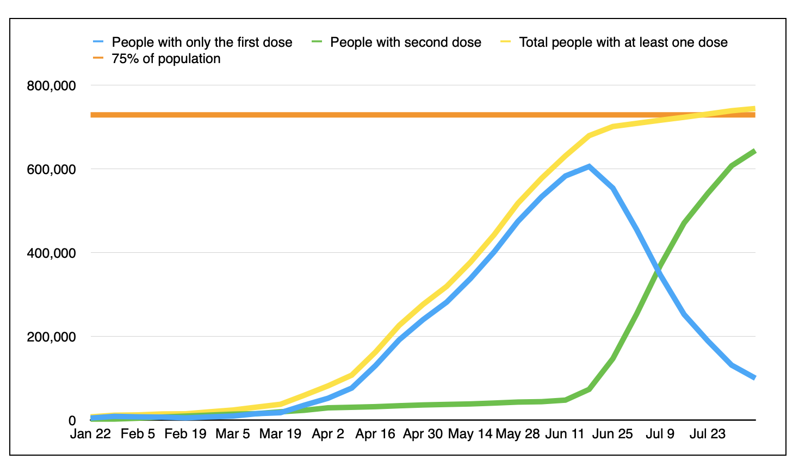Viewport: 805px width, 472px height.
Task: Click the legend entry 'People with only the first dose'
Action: pyautogui.click(x=202, y=42)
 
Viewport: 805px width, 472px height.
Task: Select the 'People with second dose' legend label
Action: pyautogui.click(x=405, y=42)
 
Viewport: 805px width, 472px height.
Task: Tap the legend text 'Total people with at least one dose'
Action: pyautogui.click(x=623, y=42)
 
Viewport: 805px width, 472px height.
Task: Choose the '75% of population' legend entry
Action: pyautogui.click(x=166, y=59)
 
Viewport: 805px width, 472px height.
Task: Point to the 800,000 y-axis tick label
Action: pyautogui.click(x=51, y=86)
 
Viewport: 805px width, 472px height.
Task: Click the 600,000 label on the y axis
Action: pyautogui.click(x=51, y=170)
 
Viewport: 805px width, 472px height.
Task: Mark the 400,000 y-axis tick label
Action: pyautogui.click(x=51, y=253)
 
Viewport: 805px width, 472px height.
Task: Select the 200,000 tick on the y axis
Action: pyautogui.click(x=51, y=337)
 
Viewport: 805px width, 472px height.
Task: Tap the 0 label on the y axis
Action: pyautogui.click(x=72, y=421)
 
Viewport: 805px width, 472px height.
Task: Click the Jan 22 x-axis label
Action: pyautogui.click(x=90, y=434)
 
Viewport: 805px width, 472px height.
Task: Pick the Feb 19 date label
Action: pyautogui.click(x=185, y=434)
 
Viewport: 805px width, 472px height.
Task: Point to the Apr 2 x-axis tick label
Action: pyautogui.click(x=328, y=434)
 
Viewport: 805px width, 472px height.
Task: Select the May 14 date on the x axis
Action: pyautogui.click(x=470, y=434)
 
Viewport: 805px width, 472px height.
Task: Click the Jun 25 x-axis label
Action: pyautogui.click(x=612, y=434)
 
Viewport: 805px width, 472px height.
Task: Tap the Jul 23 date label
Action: pyautogui.click(x=708, y=434)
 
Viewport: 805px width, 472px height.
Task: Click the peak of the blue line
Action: pyautogui.click(x=589, y=166)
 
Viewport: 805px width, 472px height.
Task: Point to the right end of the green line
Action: pyautogui.click(x=755, y=151)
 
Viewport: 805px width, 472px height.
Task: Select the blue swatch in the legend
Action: pyautogui.click(x=98, y=42)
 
